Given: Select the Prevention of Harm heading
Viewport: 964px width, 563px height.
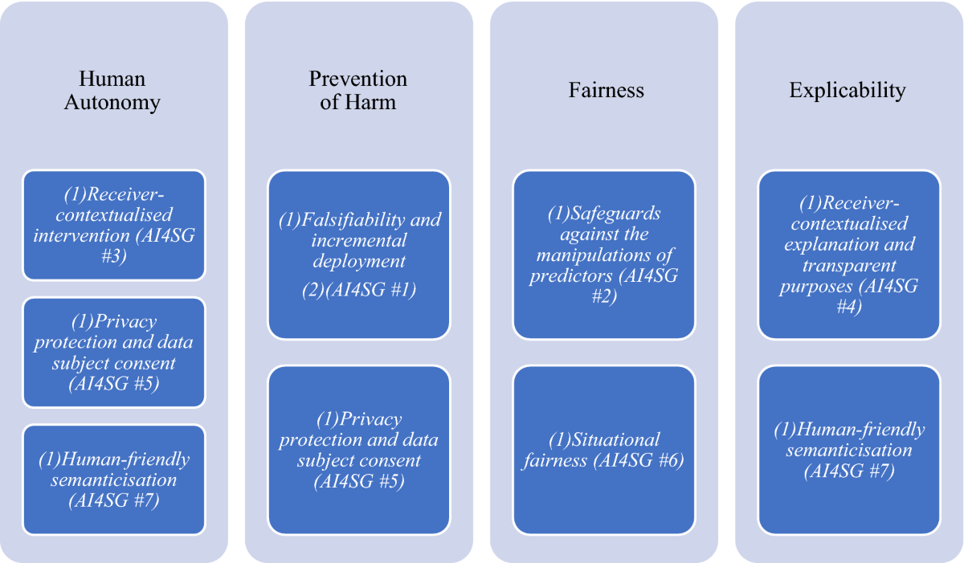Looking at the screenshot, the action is [357, 91].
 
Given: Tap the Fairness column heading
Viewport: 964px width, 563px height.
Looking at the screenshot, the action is [606, 90].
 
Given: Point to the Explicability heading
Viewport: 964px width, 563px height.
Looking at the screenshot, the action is [848, 90].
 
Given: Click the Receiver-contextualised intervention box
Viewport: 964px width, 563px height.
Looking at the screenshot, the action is [114, 224].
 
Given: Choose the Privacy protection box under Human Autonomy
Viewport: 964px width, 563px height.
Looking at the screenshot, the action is [114, 352].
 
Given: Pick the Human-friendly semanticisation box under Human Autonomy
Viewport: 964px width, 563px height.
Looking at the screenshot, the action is [114, 479].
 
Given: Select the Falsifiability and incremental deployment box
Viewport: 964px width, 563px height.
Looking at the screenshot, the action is [359, 254].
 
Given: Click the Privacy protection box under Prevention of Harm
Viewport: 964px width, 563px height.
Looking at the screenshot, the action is [359, 450].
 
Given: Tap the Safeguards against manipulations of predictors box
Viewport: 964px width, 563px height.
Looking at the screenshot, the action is [604, 254].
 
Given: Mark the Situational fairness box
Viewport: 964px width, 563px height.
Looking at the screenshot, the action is [604, 450].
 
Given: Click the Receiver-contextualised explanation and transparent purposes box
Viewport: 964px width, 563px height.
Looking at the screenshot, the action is [849, 254].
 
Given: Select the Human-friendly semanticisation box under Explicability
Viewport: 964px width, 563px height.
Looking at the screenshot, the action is [849, 450].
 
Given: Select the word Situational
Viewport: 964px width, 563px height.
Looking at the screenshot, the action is [615, 440].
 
